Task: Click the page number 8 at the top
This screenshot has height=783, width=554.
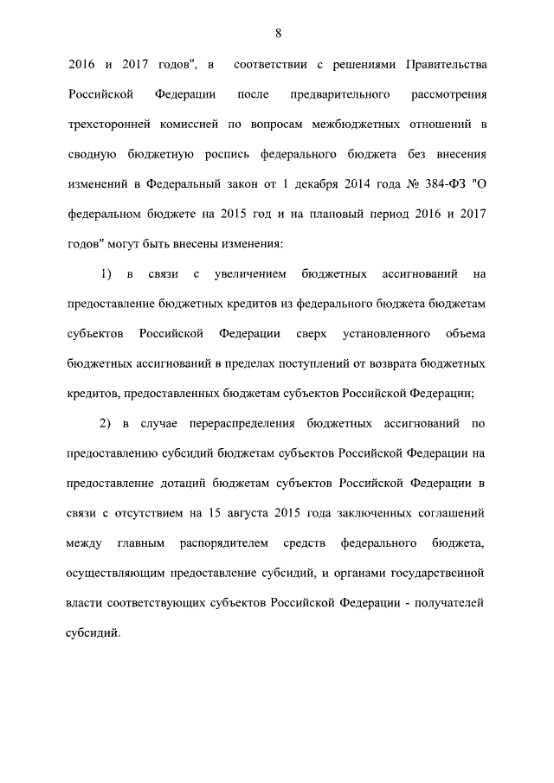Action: [x=277, y=33]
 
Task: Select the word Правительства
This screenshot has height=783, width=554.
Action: [x=444, y=65]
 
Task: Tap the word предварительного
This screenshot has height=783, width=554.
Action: [x=349, y=94]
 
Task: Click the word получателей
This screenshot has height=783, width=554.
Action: [x=450, y=603]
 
